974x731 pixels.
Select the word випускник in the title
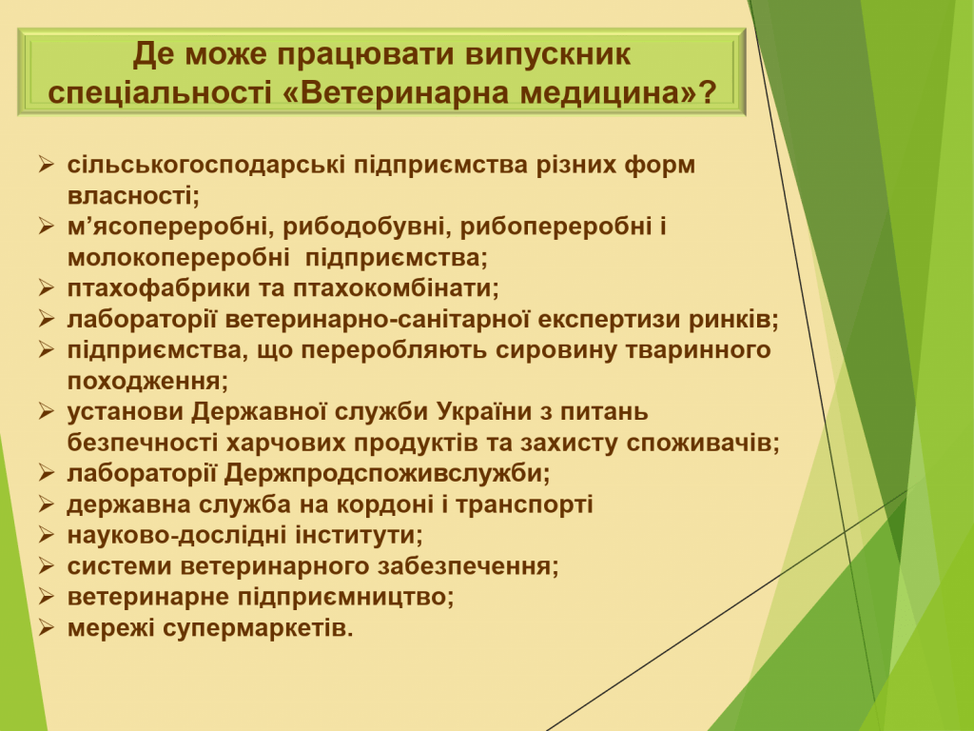click(548, 54)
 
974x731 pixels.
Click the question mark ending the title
click(708, 92)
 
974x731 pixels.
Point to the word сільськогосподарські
click(206, 166)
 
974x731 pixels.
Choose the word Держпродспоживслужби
click(387, 474)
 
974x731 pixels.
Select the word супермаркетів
click(258, 628)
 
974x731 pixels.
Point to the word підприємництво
click(346, 598)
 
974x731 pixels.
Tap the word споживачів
click(703, 443)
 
